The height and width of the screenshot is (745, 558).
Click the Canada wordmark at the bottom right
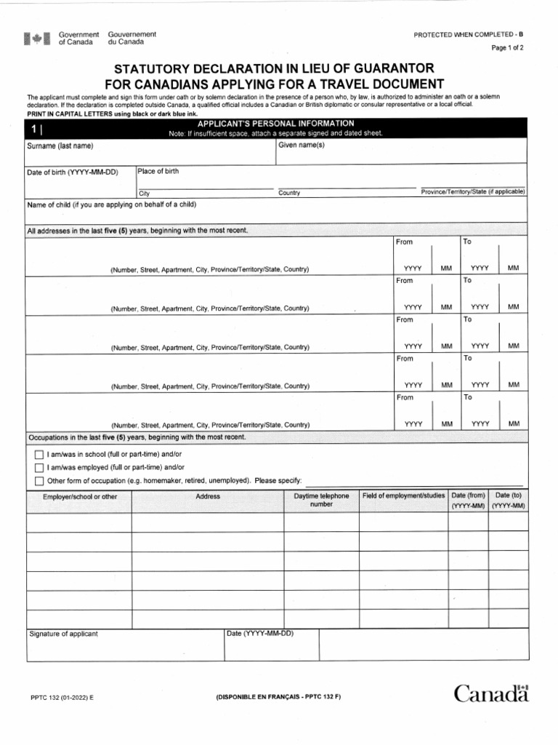(492, 694)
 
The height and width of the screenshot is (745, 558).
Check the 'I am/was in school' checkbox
(39, 454)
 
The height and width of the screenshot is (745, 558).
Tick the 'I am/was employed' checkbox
(39, 467)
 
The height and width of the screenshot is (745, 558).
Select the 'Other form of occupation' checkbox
(39, 481)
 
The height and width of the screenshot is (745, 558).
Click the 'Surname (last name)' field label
(60, 146)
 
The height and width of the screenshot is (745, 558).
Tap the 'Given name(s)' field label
(302, 146)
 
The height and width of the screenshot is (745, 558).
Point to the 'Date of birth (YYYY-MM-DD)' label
(72, 172)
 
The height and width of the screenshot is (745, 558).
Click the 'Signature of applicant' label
(63, 634)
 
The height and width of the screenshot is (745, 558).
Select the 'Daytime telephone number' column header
(321, 500)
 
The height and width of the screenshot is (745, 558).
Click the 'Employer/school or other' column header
(80, 497)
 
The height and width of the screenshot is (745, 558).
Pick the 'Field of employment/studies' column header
(404, 495)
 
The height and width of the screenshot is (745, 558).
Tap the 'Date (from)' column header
(468, 495)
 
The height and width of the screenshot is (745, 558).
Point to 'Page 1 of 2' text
(508, 48)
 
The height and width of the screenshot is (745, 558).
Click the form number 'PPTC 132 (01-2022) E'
(62, 697)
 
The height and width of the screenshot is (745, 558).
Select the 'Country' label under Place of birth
(289, 194)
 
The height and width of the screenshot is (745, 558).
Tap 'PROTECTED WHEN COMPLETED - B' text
(468, 35)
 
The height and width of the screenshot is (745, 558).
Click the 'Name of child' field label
(111, 204)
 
